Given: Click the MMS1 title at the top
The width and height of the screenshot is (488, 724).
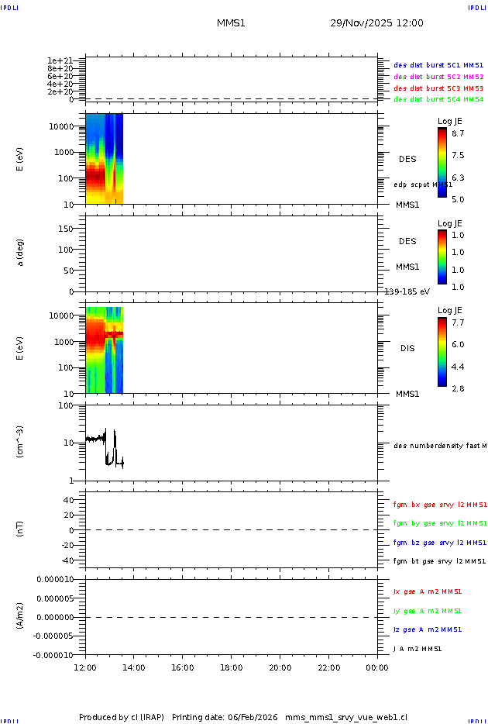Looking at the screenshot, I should (231, 23).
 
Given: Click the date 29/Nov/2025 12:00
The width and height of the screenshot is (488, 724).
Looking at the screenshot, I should (376, 23).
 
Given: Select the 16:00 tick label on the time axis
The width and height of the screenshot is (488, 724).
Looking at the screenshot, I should (183, 667).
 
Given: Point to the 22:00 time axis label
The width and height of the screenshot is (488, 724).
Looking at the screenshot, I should (329, 667).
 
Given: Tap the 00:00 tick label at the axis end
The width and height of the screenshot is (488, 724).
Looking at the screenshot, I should (377, 667).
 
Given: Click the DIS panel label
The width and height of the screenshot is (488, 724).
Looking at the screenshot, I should (407, 348).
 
